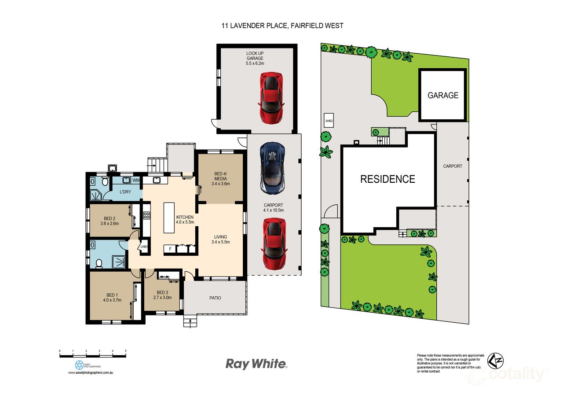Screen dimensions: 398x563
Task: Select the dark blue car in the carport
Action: pyautogui.click(x=273, y=167)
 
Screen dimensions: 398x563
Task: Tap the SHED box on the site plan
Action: pyautogui.click(x=329, y=120)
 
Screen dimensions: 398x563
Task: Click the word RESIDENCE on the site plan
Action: pyautogui.click(x=388, y=179)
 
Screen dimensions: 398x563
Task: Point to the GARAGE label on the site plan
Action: pyautogui.click(x=443, y=95)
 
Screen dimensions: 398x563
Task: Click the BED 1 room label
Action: pyautogui.click(x=112, y=295)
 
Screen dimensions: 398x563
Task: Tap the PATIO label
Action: pyautogui.click(x=215, y=298)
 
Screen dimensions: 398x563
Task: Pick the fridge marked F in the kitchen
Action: pyautogui.click(x=169, y=249)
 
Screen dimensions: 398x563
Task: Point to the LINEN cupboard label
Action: pyautogui.click(x=144, y=247)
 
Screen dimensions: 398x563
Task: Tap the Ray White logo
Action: pyautogui.click(x=256, y=364)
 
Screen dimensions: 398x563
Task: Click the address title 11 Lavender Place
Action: pyautogui.click(x=282, y=26)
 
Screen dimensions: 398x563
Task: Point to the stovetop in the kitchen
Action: pyautogui.click(x=146, y=216)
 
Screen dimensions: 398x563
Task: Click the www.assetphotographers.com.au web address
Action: pyautogui.click(x=91, y=372)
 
